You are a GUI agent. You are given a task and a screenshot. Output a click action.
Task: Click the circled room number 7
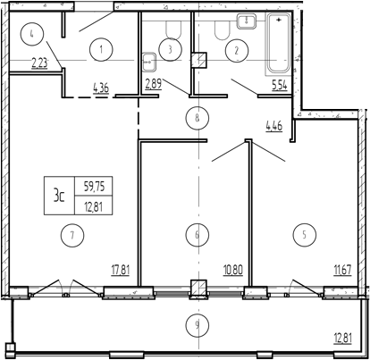point(72,235)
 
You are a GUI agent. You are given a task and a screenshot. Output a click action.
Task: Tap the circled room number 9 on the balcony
point(197,325)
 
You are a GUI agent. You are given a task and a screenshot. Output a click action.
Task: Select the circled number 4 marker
point(32,34)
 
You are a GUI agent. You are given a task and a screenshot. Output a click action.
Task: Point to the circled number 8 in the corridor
point(197,118)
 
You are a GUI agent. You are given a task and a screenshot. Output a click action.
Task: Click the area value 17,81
point(121,271)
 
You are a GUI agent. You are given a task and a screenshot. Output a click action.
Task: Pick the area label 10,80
point(233,271)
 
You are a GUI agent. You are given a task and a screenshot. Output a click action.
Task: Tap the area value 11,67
point(342,271)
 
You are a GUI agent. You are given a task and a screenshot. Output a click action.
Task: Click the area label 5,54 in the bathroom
point(279,86)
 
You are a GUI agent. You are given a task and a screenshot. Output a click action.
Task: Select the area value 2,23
point(39,63)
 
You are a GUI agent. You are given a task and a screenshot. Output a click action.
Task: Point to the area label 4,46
point(273,126)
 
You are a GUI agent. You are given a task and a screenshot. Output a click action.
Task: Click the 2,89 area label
point(154,84)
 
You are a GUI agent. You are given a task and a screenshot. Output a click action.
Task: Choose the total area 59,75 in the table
point(94,187)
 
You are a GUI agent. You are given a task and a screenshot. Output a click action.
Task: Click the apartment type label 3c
point(59,196)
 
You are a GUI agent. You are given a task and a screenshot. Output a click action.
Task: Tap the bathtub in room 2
point(278,44)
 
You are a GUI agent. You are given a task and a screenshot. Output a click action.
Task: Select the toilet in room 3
point(173,29)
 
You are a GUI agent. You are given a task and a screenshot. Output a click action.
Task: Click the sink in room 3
point(149,63)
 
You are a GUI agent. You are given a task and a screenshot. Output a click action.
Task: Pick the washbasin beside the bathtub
point(247,21)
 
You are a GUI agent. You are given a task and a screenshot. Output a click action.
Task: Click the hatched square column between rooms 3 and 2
point(198,60)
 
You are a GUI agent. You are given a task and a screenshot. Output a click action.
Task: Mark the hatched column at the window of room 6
point(198,289)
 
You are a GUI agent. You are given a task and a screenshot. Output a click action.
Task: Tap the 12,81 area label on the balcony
point(342,339)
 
